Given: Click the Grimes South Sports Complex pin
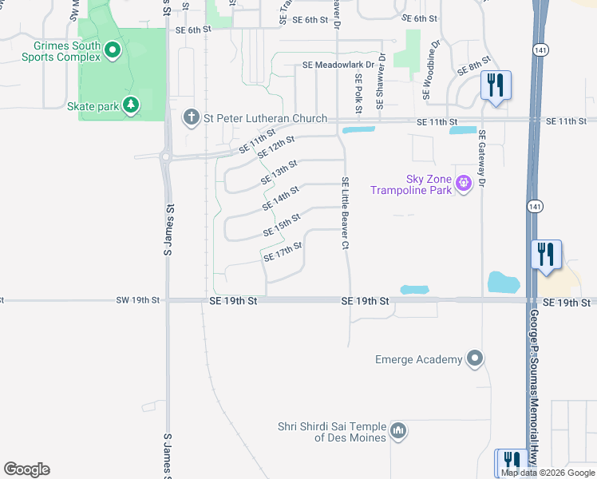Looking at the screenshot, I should pos(113,52).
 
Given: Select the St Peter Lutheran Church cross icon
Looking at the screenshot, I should pos(191,118).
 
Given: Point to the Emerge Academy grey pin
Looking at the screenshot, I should pos(476,359).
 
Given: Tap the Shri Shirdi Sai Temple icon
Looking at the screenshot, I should pos(399,432).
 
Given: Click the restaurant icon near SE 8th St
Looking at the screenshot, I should pos(496,85).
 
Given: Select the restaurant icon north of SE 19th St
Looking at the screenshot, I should pos(547,255).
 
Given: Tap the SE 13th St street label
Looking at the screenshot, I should pos(279,172).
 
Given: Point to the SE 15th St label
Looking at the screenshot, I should pos(282,225).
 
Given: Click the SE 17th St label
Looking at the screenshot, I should pos(283,252).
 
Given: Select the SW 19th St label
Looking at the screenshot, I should pos(138,301).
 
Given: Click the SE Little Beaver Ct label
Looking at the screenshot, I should pos(346,212).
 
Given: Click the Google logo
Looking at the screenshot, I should pos(26,469).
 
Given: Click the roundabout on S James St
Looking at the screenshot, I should pos(167,157).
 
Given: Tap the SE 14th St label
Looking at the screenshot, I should pos(280,199).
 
